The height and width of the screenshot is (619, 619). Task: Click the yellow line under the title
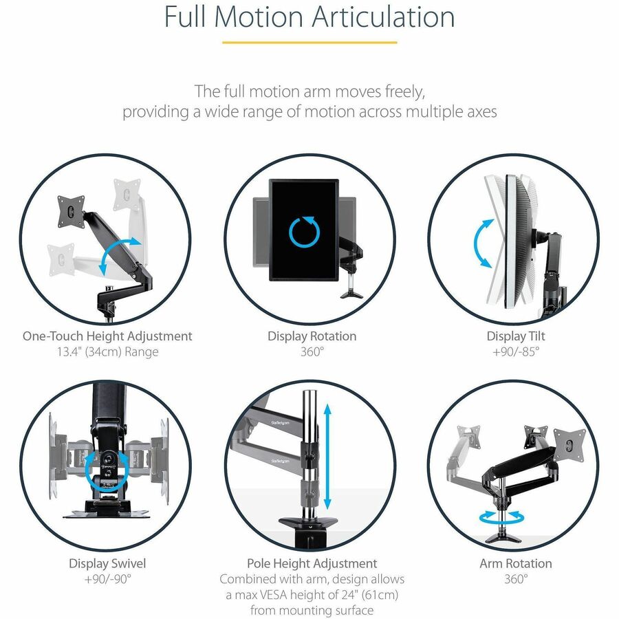pos(309,43)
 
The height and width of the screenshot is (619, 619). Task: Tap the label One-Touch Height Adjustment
pos(107,336)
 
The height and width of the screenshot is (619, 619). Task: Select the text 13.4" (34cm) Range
pos(107,352)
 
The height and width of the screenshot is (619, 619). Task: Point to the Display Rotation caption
pos(312,336)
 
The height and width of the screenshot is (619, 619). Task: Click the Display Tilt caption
pos(516,336)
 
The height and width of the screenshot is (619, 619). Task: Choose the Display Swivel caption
pos(107,563)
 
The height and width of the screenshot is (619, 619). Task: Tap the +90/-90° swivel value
pos(107,578)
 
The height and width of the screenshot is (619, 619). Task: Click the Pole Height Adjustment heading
pos(312,563)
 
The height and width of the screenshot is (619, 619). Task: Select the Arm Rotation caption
pos(516,563)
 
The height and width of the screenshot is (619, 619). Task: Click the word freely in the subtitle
pos(405,91)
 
